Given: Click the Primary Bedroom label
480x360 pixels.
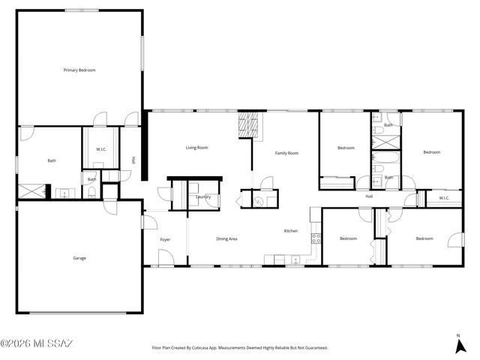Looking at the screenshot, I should [x=79, y=70].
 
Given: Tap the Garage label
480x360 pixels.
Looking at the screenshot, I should [x=79, y=258].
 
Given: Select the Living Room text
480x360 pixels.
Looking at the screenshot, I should [x=196, y=148].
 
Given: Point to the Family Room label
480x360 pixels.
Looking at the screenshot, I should [x=286, y=153].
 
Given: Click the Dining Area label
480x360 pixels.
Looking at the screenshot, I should [x=226, y=238].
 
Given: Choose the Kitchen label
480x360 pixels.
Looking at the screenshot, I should [x=290, y=231].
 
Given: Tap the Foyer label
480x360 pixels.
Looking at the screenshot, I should [x=165, y=239].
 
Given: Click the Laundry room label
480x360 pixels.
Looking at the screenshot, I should [x=202, y=197].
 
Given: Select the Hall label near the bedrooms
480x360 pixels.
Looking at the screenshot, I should [x=369, y=196].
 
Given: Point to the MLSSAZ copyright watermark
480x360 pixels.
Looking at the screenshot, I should [x=37, y=344].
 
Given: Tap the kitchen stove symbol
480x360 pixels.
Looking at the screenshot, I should [x=316, y=239].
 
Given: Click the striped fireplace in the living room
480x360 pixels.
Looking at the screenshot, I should [x=250, y=125].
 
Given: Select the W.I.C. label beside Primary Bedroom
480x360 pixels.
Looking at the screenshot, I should [x=100, y=149].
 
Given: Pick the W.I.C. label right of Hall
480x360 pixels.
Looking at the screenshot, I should [x=443, y=198].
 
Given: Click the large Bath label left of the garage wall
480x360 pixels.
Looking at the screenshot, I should [x=52, y=160].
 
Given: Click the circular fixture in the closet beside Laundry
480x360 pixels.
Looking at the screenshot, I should [x=257, y=200].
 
